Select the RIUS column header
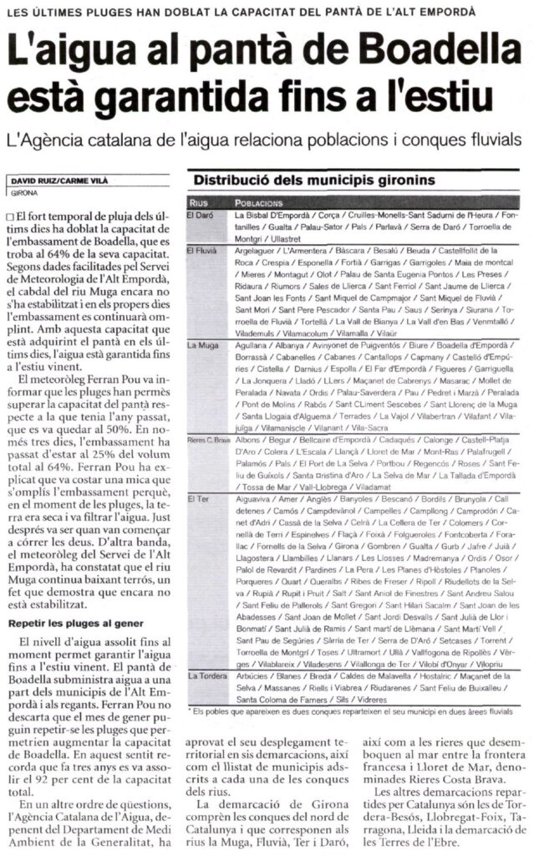(197, 202)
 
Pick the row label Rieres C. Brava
(207, 439)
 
